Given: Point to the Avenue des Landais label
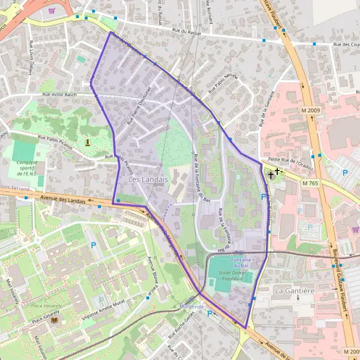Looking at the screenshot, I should tap(59, 199).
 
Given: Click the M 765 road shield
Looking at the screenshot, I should tap(310, 182).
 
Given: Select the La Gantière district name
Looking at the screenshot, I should tap(294, 291).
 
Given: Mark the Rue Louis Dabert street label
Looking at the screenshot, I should tap(31, 53).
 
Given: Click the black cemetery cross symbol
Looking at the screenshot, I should tap(272, 175).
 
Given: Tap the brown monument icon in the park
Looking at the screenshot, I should tap(88, 142).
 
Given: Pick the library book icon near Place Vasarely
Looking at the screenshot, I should tap(55, 320).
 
